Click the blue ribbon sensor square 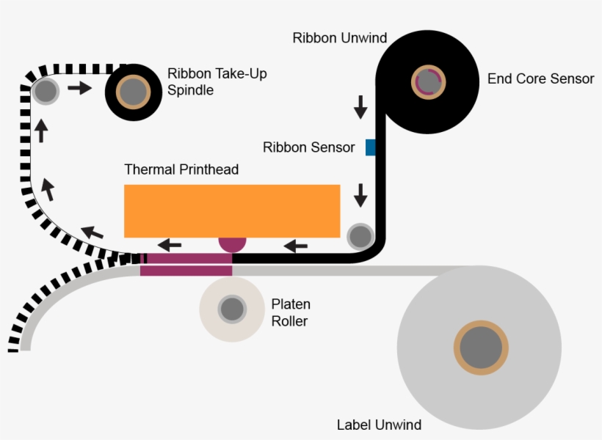click(371, 147)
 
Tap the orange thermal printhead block click(232, 210)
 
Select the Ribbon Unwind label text click(339, 38)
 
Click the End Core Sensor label click(540, 78)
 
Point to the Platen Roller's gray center click(232, 309)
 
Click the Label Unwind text click(379, 425)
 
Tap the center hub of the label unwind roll click(481, 348)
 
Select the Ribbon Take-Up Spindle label click(217, 81)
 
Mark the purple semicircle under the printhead click(232, 244)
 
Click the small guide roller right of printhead click(360, 236)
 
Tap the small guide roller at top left click(46, 92)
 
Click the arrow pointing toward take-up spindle click(80, 89)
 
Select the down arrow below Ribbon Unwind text click(360, 107)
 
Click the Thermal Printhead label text click(181, 169)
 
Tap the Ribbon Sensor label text click(308, 147)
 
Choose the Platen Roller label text click(291, 312)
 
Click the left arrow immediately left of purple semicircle click(171, 245)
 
